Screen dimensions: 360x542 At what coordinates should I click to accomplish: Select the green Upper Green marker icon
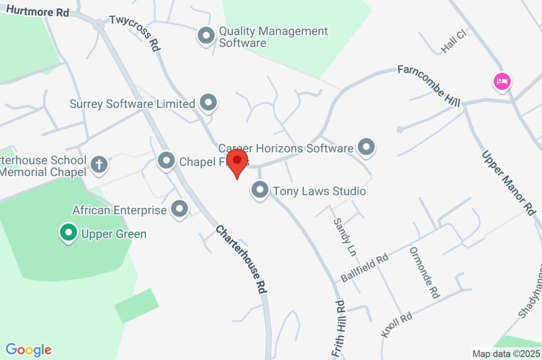click(x=68, y=233)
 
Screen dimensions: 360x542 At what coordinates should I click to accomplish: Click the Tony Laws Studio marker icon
click(x=260, y=191)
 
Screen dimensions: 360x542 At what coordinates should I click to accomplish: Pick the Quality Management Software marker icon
click(x=205, y=37)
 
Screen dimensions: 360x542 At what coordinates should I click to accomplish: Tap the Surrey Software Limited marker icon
click(x=209, y=103)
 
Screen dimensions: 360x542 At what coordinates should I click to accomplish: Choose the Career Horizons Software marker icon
click(x=366, y=148)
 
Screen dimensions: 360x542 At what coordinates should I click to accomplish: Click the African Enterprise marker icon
click(x=180, y=209)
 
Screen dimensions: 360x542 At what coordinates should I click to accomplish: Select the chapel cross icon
click(x=99, y=165)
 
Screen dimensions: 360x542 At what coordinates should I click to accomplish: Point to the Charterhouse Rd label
click(x=241, y=259)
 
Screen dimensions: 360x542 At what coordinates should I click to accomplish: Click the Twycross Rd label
click(x=135, y=33)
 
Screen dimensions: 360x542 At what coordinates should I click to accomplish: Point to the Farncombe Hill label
click(x=429, y=85)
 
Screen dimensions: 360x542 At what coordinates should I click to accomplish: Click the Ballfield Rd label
click(x=365, y=268)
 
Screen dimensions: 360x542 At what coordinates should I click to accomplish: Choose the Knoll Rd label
click(x=396, y=326)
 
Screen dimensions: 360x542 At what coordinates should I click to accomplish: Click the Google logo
click(x=29, y=349)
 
